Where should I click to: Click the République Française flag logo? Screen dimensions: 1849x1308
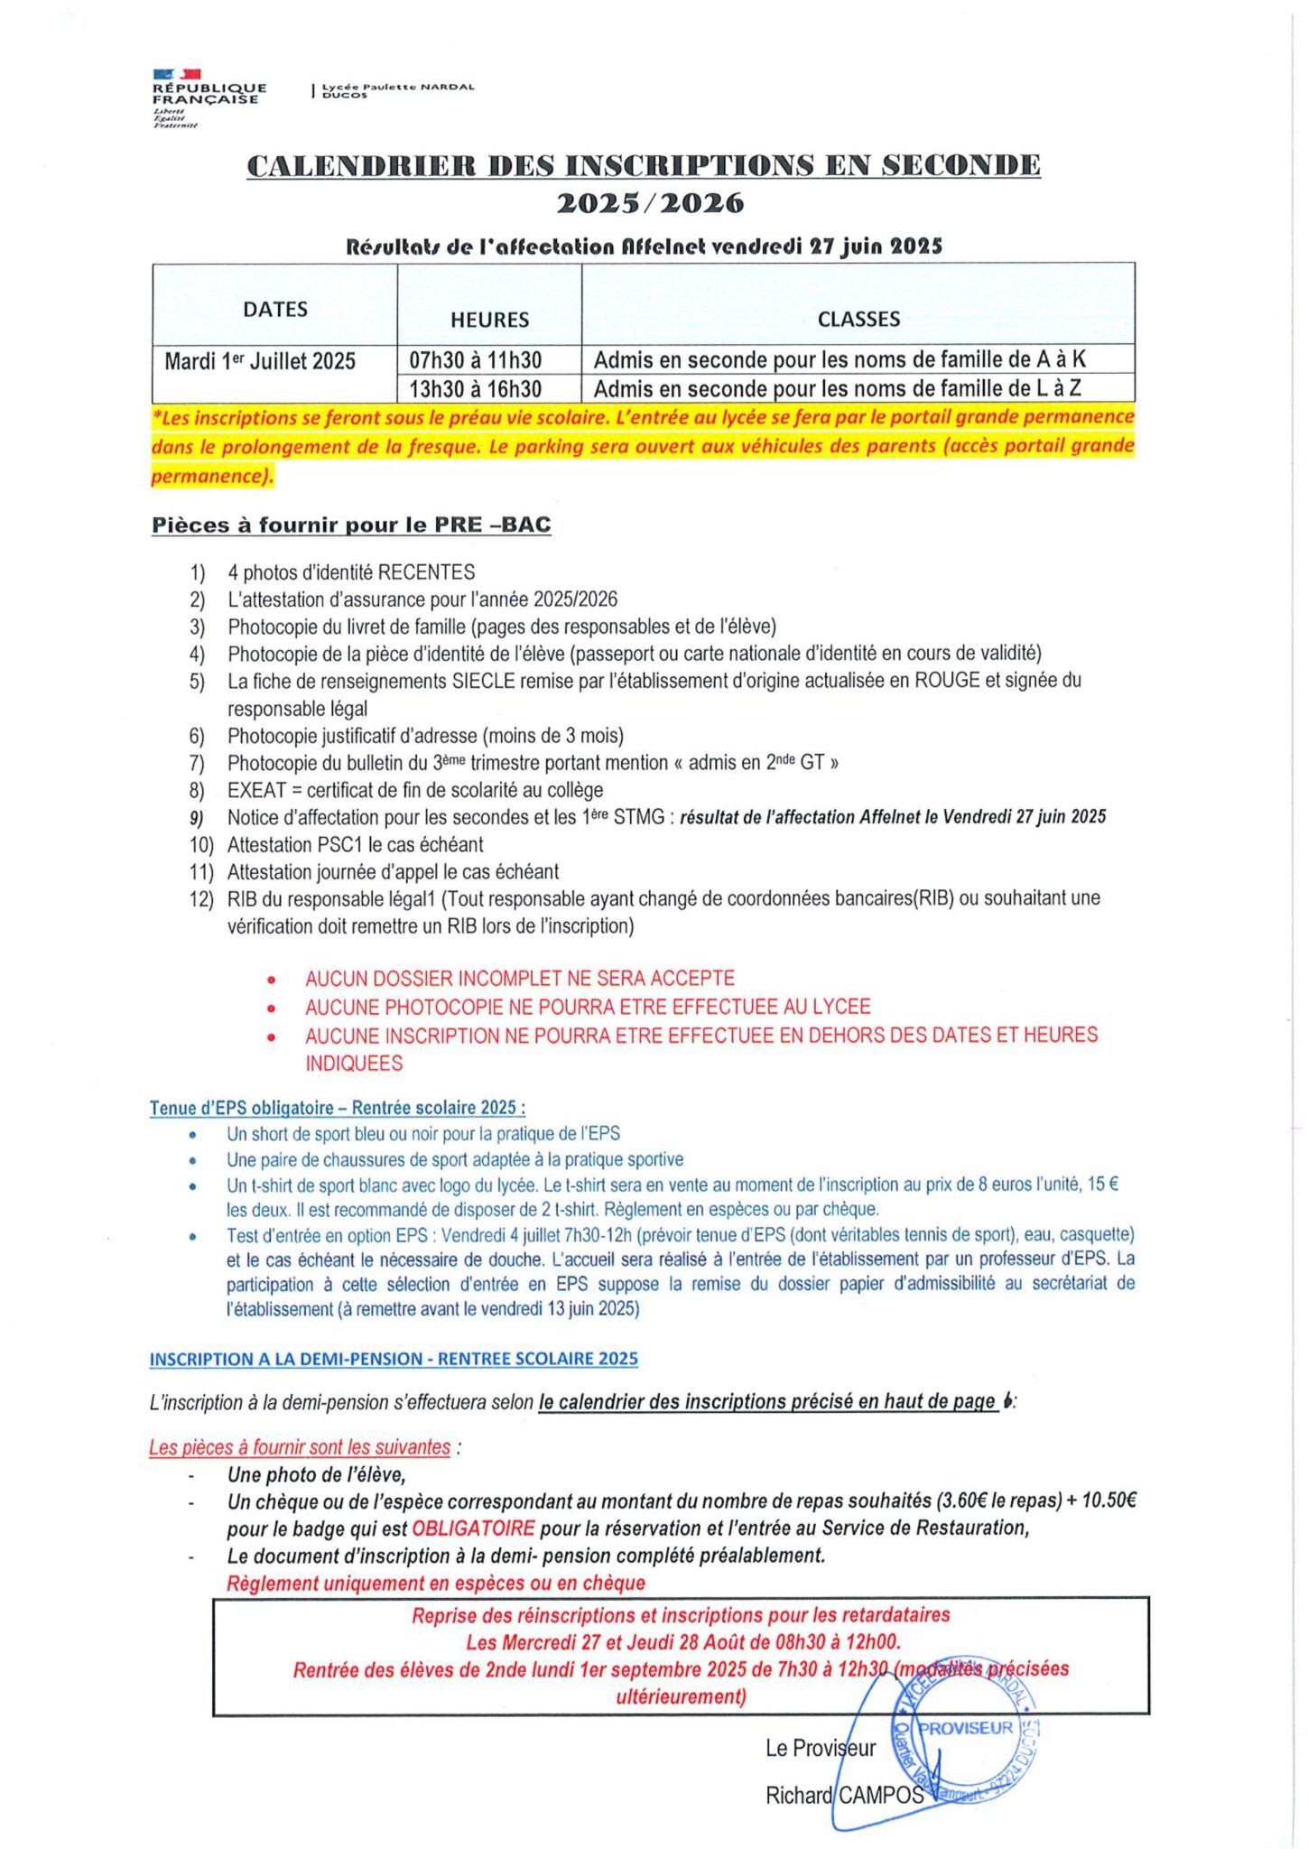click(x=177, y=74)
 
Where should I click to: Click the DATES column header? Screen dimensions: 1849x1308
click(x=275, y=310)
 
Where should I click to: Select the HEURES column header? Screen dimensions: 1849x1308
click(x=489, y=320)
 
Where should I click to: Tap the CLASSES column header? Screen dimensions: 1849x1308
click(x=858, y=319)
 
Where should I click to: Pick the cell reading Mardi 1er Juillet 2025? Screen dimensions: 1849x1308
click(x=260, y=362)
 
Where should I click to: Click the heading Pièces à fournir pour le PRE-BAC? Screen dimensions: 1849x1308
click(x=351, y=525)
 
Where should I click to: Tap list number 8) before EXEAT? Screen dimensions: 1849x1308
click(x=197, y=791)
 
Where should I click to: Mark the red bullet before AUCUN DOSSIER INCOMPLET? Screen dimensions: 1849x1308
click(x=272, y=980)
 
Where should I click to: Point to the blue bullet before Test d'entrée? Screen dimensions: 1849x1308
click(x=192, y=1236)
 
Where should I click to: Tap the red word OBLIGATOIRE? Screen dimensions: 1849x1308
click(x=473, y=1528)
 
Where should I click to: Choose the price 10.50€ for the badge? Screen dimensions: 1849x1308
click(x=1109, y=1501)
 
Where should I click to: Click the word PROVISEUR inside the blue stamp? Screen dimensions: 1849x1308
click(x=965, y=1728)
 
